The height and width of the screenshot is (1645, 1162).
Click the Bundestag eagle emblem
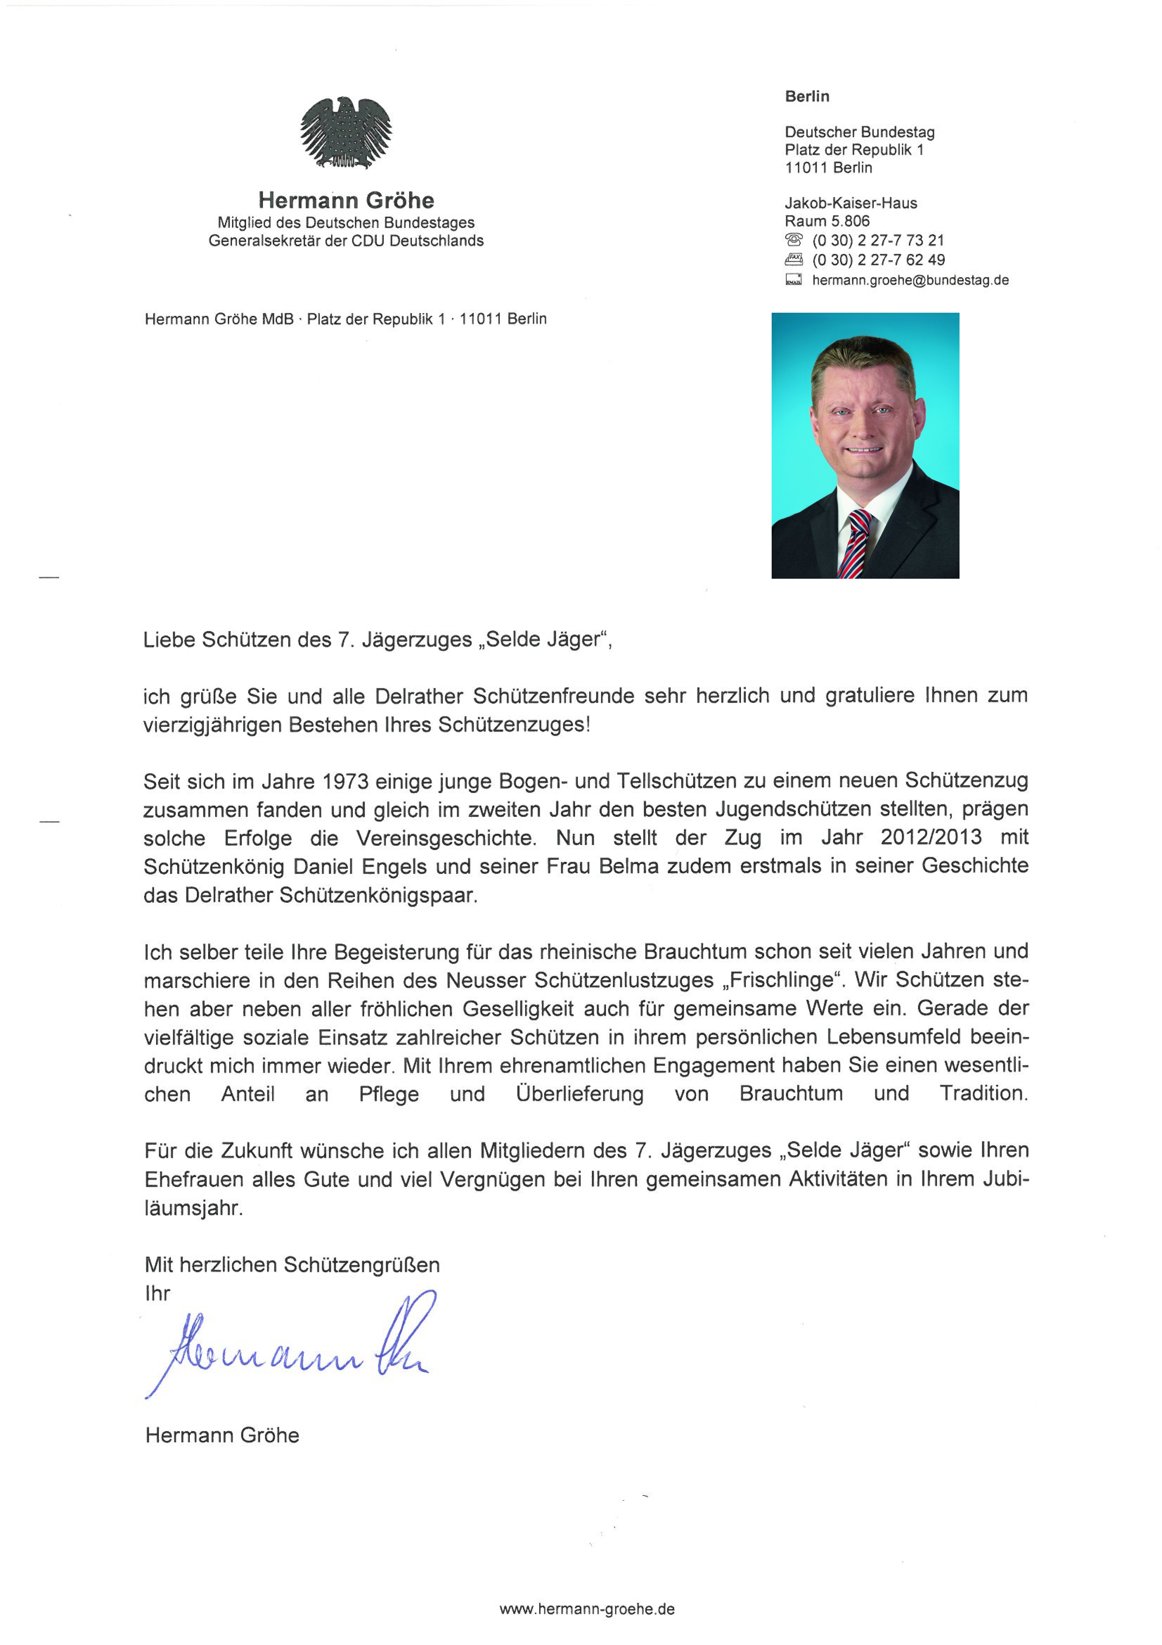pos(346,133)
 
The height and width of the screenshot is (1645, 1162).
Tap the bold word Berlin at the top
pos(807,96)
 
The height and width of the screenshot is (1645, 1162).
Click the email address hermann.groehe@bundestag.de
pos(910,280)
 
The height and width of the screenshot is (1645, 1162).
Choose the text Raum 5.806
pos(827,221)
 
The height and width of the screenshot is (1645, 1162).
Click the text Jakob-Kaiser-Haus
pos(851,203)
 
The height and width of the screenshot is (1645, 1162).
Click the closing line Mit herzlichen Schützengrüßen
pos(292,1264)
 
